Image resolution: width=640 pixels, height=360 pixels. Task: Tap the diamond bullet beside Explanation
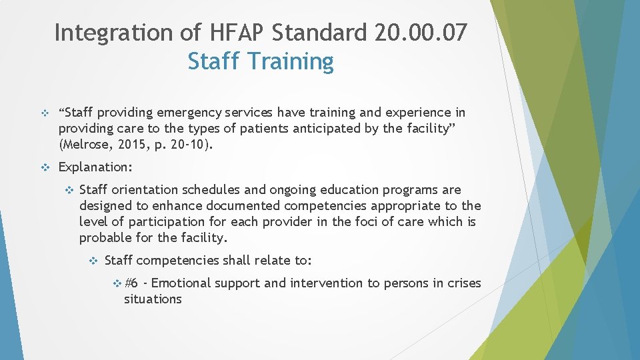point(45,167)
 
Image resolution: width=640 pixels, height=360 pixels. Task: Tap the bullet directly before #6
point(117,283)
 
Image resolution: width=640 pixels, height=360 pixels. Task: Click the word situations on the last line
point(153,299)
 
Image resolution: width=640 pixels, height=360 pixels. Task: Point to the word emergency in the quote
point(189,113)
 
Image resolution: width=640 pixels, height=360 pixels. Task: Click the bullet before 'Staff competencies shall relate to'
point(93,261)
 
